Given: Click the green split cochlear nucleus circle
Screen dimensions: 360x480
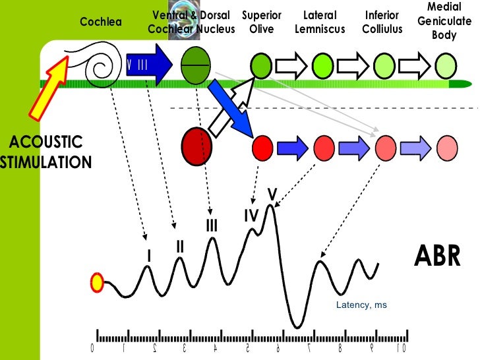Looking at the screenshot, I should pyautogui.click(x=194, y=65).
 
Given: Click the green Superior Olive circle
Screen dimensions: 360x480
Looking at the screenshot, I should pyautogui.click(x=261, y=65).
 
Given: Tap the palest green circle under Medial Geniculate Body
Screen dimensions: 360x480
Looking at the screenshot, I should pyautogui.click(x=446, y=66).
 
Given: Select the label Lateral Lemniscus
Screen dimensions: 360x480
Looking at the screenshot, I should pyautogui.click(x=320, y=22).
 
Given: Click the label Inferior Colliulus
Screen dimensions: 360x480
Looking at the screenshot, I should pyautogui.click(x=382, y=22).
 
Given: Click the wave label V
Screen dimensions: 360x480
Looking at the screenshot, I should pyautogui.click(x=271, y=194).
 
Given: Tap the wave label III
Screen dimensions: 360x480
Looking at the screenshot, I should pyautogui.click(x=211, y=226).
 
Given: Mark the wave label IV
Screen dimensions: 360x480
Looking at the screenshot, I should pyautogui.click(x=251, y=216).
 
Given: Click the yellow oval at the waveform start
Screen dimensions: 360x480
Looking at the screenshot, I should pyautogui.click(x=98, y=283).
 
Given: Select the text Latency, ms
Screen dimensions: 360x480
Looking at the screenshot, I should pyautogui.click(x=361, y=305).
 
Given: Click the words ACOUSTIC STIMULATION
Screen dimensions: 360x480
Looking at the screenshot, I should pyautogui.click(x=45, y=152).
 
